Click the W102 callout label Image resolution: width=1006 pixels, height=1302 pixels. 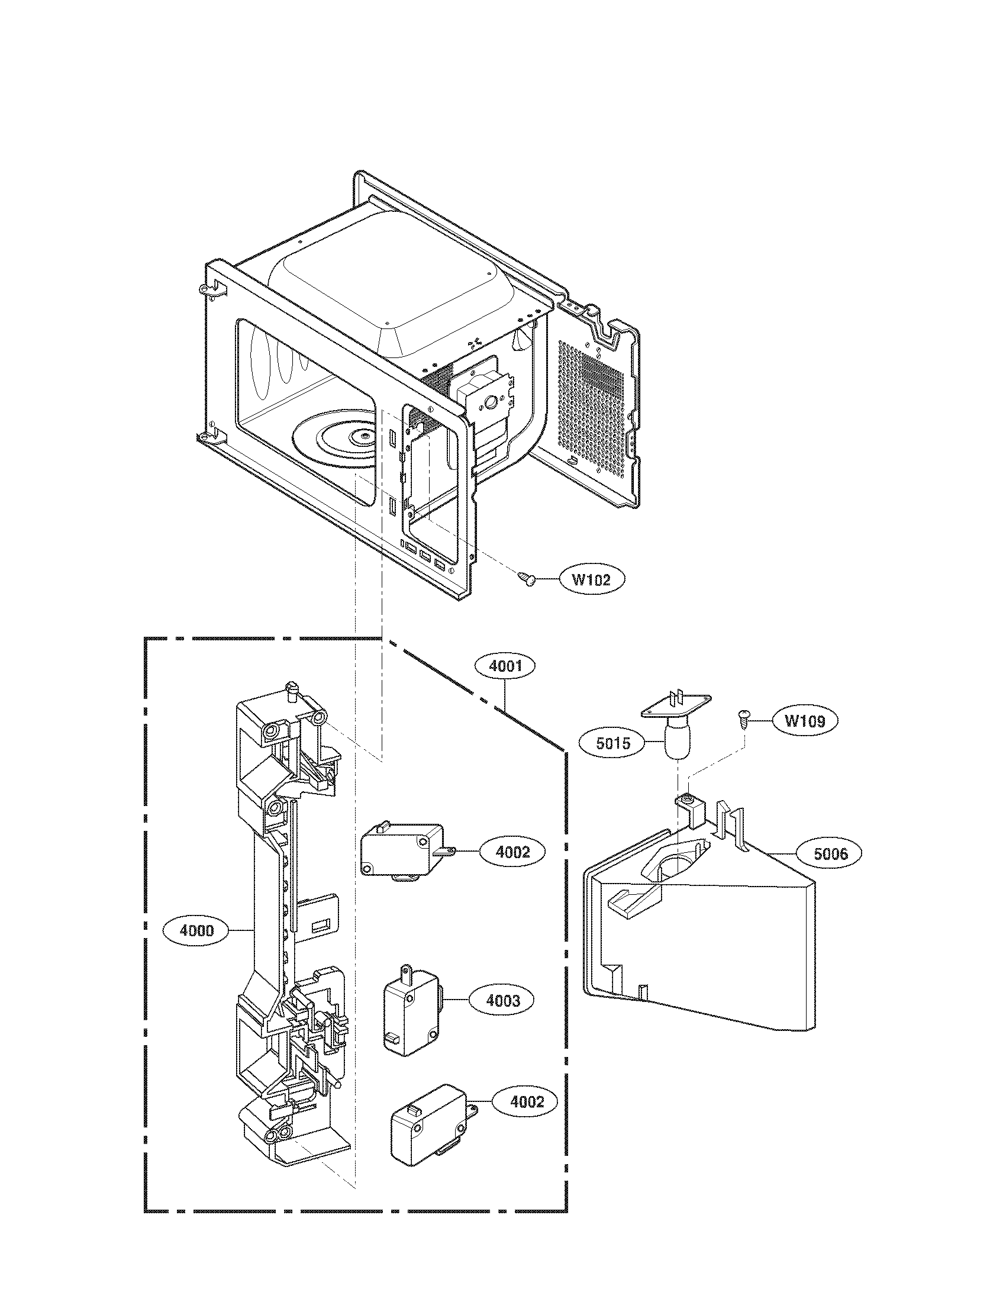pos(591,579)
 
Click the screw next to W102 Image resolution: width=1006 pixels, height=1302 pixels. pos(525,578)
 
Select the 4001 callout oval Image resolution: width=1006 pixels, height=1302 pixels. pos(505,666)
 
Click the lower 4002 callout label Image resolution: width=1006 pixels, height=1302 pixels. pos(527,1102)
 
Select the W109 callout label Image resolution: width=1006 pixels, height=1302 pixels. pos(805,721)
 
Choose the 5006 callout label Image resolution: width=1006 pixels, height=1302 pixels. pos(831,854)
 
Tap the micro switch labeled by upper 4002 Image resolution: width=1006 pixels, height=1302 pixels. pos(403,850)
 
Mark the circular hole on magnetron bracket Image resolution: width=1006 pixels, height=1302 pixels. pos(491,402)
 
